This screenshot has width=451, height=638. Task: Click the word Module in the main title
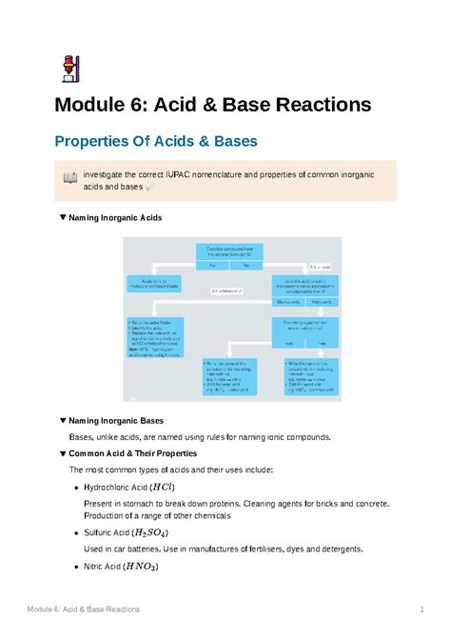tap(98, 105)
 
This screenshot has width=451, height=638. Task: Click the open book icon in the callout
tap(69, 178)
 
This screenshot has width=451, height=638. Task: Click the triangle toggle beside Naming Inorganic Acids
tap(63, 218)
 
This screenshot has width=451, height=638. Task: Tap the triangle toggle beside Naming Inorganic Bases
tap(63, 420)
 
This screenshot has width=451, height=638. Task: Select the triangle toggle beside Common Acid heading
tap(63, 453)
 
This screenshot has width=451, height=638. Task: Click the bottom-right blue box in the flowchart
tap(308, 375)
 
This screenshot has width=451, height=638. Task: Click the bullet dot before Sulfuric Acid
tap(75, 534)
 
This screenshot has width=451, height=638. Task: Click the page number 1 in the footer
tap(421, 608)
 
